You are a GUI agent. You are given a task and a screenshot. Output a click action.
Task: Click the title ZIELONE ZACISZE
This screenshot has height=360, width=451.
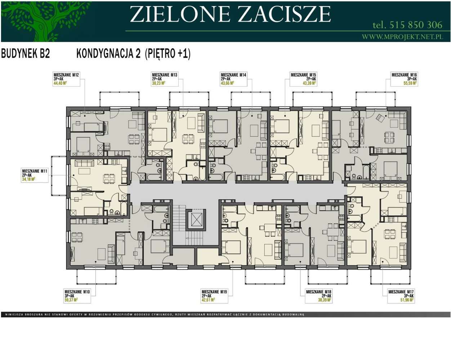click(230, 14)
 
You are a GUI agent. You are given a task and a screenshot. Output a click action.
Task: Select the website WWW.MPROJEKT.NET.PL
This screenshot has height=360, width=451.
click(402, 37)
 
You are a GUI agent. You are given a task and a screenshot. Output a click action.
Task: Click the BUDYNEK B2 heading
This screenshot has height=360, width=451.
click(26, 54)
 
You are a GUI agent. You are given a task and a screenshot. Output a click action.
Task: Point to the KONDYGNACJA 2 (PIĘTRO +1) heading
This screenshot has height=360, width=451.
click(133, 54)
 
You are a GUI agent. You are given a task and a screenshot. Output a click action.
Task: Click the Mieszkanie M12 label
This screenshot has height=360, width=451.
click(66, 75)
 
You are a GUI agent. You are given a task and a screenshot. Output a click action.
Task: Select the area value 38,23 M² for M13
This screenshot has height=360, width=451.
click(158, 83)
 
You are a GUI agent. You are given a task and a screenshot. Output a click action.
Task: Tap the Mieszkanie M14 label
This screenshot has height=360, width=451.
click(233, 75)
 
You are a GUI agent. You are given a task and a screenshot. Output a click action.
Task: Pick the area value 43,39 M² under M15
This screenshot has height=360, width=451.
click(309, 83)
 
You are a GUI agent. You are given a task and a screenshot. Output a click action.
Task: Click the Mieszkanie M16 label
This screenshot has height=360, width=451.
click(404, 75)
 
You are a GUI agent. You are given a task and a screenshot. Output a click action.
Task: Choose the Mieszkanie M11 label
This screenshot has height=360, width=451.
click(35, 171)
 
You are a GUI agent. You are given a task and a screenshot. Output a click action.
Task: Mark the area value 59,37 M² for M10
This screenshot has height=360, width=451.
click(71, 300)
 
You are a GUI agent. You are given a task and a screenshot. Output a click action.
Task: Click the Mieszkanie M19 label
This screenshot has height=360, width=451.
click(214, 292)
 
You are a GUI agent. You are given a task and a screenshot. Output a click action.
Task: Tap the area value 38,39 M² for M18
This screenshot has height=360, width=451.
click(324, 300)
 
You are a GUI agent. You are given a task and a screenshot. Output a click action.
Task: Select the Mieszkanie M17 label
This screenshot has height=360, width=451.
click(401, 292)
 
